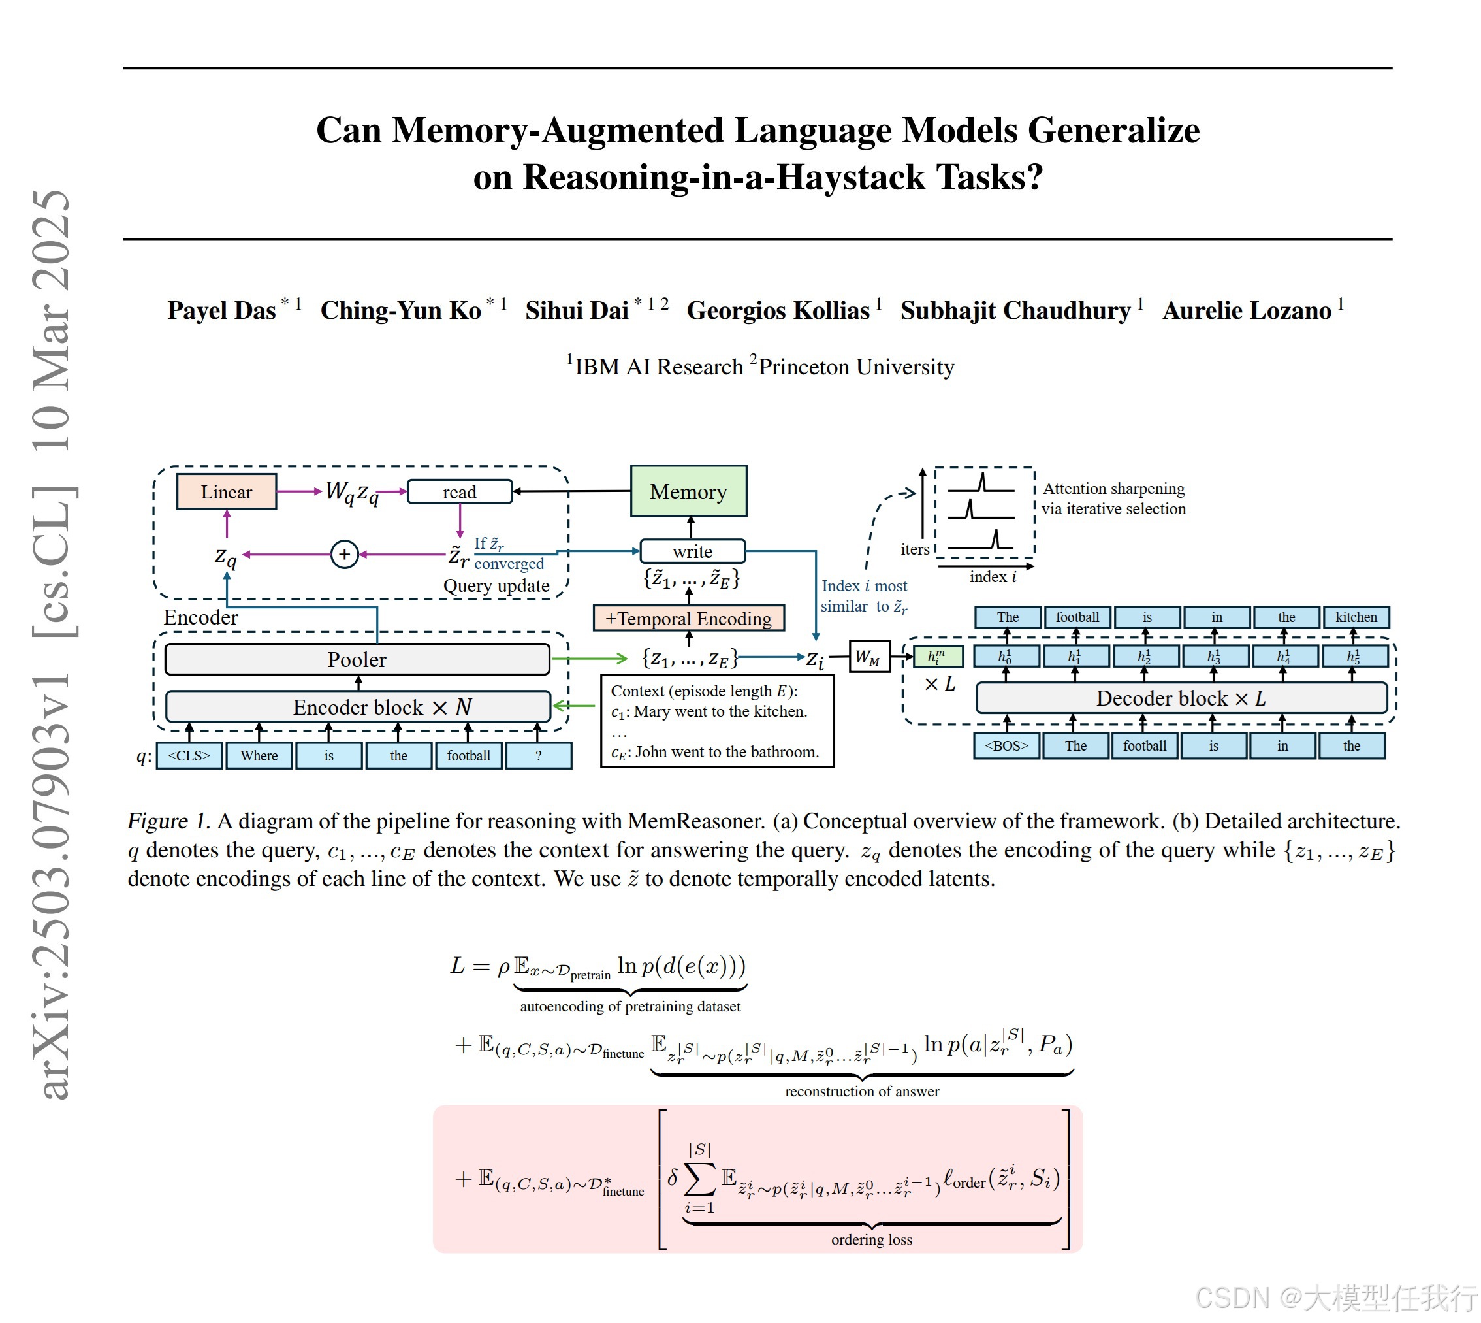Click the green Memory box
point(688,491)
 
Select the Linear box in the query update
point(226,492)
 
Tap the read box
point(459,492)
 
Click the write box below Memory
point(692,551)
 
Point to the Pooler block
point(357,659)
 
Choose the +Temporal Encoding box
point(688,619)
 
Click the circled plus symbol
point(343,555)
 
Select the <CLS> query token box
point(189,755)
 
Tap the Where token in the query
point(259,755)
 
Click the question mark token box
point(539,755)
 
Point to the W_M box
point(868,658)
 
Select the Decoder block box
point(1181,698)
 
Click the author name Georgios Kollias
point(778,310)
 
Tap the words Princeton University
point(856,367)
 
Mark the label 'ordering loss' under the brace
point(871,1239)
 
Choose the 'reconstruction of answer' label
point(862,1091)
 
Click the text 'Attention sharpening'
point(1113,489)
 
